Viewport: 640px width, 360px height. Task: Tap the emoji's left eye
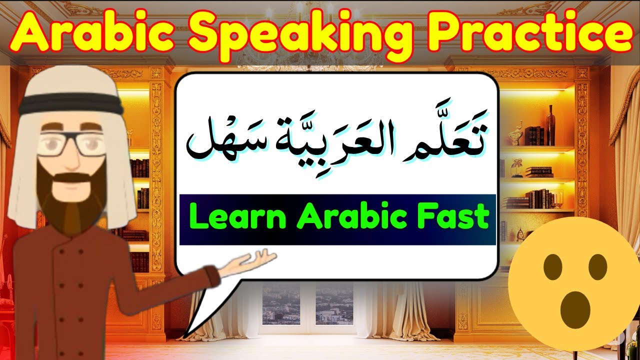(553, 267)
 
